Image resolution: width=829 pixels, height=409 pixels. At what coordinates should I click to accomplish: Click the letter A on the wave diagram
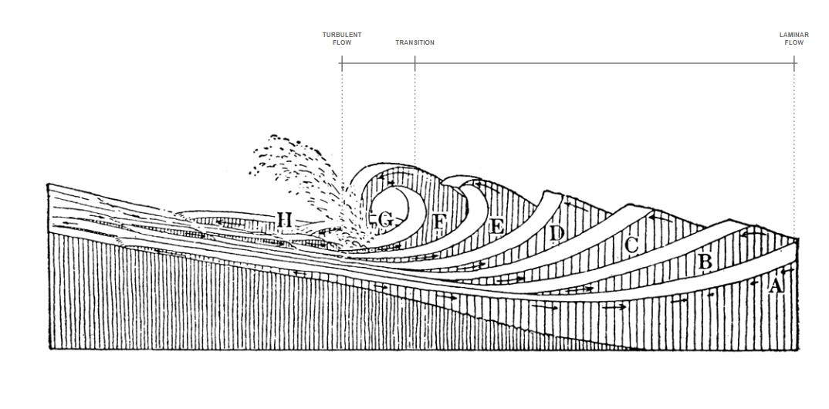pos(776,286)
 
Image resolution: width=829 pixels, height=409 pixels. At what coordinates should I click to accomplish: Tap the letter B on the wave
pos(705,262)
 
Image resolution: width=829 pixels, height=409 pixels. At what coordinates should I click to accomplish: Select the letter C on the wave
pos(631,246)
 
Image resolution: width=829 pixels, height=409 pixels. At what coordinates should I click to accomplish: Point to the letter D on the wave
pos(557,232)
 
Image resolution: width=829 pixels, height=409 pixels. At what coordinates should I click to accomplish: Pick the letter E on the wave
pos(497,226)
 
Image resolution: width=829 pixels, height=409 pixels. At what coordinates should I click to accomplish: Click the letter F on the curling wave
pos(440,222)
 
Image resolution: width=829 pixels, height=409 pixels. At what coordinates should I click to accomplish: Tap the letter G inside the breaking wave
pos(386,221)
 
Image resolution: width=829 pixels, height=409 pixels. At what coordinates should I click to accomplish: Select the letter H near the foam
pos(283,222)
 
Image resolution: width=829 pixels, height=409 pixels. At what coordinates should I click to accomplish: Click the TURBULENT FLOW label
pos(342,39)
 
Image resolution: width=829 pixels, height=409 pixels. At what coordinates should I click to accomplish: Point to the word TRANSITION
pos(414,42)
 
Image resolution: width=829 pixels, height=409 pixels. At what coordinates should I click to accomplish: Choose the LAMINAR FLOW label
pos(794,39)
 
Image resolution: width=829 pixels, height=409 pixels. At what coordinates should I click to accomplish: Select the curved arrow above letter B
pos(750,232)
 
